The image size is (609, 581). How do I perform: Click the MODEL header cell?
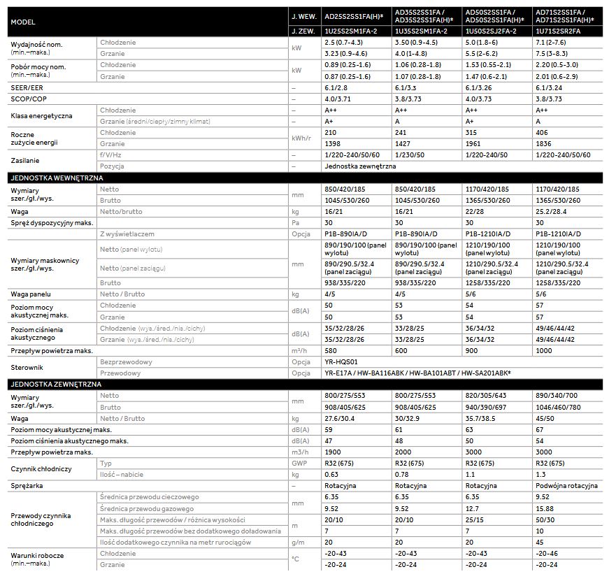point(24,22)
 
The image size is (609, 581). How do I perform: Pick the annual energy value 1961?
point(475,143)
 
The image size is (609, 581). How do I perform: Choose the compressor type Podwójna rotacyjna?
point(566,485)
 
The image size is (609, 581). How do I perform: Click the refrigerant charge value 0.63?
point(333,474)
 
